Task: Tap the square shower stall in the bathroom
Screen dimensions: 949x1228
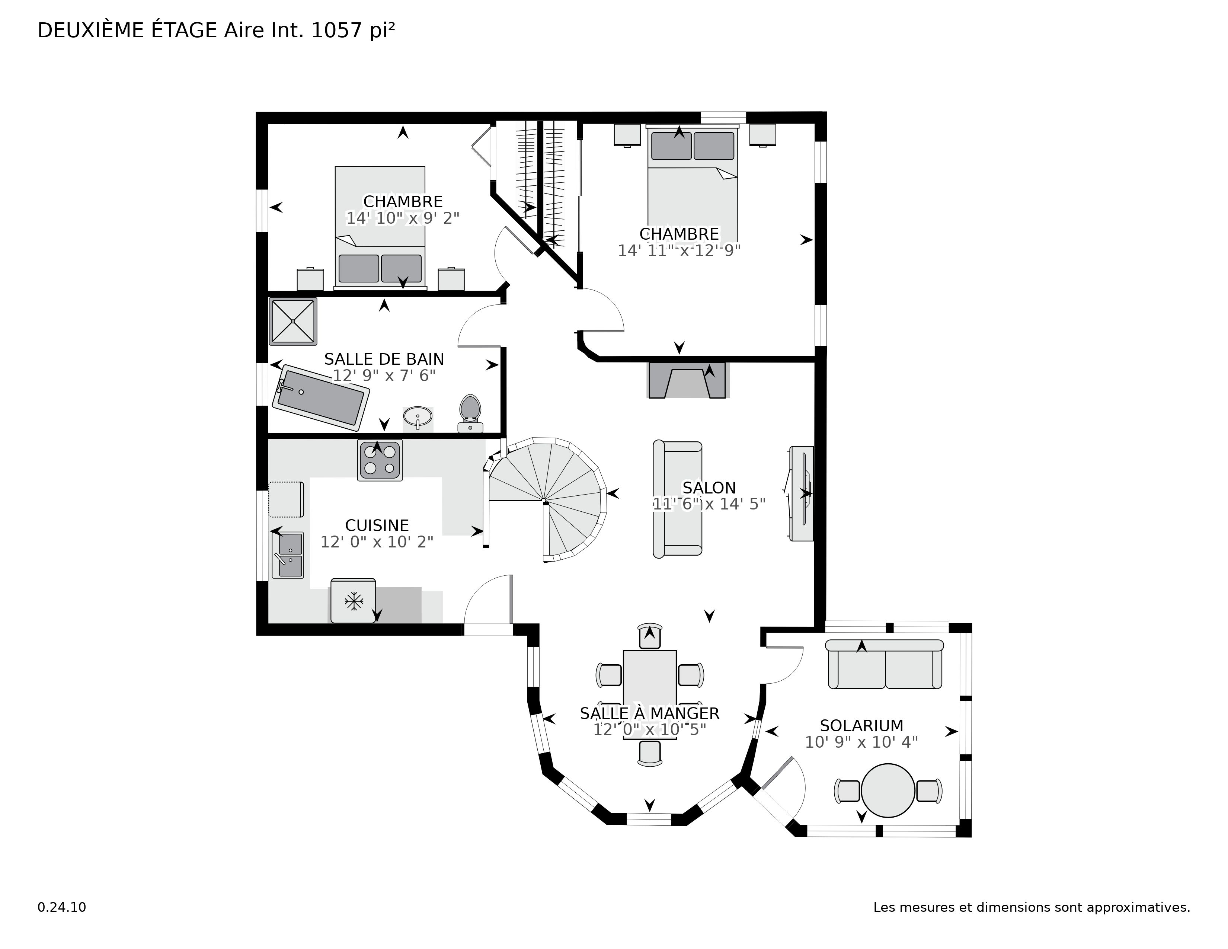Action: (293, 321)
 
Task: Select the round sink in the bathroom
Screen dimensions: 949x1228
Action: (418, 416)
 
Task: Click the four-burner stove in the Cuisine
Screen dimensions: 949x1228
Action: (380, 460)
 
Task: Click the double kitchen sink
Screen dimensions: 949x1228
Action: (288, 555)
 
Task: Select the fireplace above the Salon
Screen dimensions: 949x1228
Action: (687, 381)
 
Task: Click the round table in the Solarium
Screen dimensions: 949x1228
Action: (888, 790)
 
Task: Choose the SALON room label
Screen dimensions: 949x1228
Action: (709, 488)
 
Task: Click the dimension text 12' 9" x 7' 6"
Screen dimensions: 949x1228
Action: (384, 375)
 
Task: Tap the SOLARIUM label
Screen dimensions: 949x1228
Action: (861, 725)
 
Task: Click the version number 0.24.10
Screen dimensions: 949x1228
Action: (62, 907)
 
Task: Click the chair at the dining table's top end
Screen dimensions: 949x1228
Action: (650, 636)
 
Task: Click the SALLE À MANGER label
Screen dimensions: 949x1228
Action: (649, 713)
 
